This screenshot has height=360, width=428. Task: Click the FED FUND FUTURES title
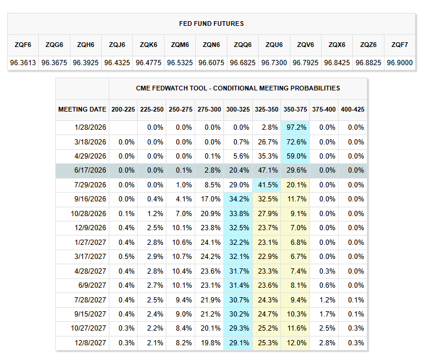click(211, 23)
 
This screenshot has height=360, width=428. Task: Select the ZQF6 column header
click(23, 45)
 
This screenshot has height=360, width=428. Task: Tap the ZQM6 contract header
click(180, 45)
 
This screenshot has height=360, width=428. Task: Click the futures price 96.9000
click(400, 62)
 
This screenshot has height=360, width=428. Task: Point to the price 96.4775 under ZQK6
click(148, 62)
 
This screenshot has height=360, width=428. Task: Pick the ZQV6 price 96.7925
click(306, 62)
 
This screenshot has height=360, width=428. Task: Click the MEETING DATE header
click(82, 109)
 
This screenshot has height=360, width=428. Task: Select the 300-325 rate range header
click(238, 109)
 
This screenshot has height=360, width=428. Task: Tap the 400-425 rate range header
click(353, 109)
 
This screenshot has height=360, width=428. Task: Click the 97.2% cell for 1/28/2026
click(296, 127)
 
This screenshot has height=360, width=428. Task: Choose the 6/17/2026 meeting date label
click(90, 170)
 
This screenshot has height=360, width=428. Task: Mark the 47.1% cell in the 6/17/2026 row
click(267, 170)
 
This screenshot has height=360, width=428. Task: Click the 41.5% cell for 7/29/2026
click(267, 184)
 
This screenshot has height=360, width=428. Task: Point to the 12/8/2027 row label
click(90, 342)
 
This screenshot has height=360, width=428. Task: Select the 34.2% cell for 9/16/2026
click(239, 199)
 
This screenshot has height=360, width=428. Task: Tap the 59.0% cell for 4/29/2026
click(296, 156)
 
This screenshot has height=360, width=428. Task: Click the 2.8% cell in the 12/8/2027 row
click(325, 342)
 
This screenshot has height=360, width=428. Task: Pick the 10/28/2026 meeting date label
click(88, 213)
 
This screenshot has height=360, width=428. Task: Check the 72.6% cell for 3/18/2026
click(296, 142)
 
